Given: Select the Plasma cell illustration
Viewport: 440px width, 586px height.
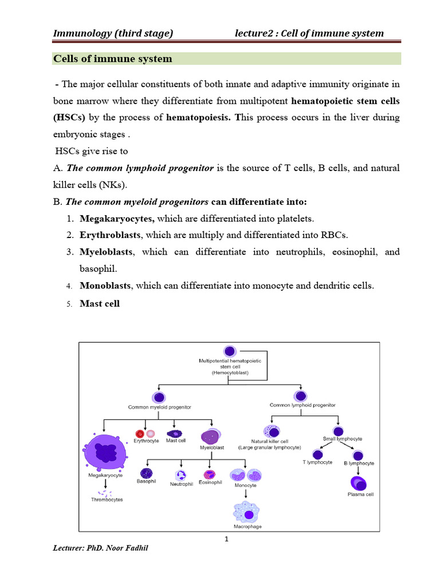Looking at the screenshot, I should point(360,483).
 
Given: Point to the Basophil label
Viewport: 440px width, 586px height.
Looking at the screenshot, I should point(146,481).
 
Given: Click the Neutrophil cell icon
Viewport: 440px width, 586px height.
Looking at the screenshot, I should point(181,474).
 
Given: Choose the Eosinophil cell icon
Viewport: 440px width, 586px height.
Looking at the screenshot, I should point(209,474).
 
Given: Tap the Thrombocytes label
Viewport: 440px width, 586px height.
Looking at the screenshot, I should point(107,500).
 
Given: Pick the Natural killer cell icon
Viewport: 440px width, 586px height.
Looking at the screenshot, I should point(270,432).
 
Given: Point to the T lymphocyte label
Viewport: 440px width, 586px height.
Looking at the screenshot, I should point(317,462).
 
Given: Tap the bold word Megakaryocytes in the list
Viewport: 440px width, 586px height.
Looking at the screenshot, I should point(117,219).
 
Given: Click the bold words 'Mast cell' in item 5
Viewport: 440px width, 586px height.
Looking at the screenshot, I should point(100,304).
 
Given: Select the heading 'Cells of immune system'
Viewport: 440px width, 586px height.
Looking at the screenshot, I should point(112,59).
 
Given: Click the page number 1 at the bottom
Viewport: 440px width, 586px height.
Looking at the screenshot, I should point(227,539).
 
